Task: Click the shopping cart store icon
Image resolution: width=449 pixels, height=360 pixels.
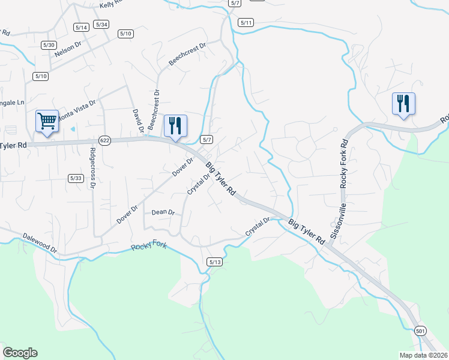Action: pyautogui.click(x=47, y=122)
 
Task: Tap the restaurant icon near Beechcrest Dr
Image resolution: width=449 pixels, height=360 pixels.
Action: pyautogui.click(x=175, y=126)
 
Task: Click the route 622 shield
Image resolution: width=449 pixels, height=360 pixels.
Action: pyautogui.click(x=105, y=140)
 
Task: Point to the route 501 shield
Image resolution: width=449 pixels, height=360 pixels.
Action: pyautogui.click(x=420, y=331)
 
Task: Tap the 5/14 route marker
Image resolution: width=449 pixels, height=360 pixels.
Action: pyautogui.click(x=81, y=28)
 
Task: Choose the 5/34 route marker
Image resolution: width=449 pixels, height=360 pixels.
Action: pyautogui.click(x=101, y=24)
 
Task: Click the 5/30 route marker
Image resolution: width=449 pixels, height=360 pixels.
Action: pyautogui.click(x=49, y=45)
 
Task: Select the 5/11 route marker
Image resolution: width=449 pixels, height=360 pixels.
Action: pyautogui.click(x=246, y=23)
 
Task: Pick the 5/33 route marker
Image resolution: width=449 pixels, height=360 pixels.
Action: pyautogui.click(x=76, y=178)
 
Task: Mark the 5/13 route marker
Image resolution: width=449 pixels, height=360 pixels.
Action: pyautogui.click(x=214, y=262)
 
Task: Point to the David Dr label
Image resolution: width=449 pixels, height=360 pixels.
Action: pyautogui.click(x=137, y=119)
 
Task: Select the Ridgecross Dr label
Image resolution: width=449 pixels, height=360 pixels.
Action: pyautogui.click(x=93, y=167)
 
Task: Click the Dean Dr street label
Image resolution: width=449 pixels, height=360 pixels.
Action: pyautogui.click(x=163, y=212)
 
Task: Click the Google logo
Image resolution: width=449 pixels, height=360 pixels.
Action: pyautogui.click(x=20, y=352)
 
